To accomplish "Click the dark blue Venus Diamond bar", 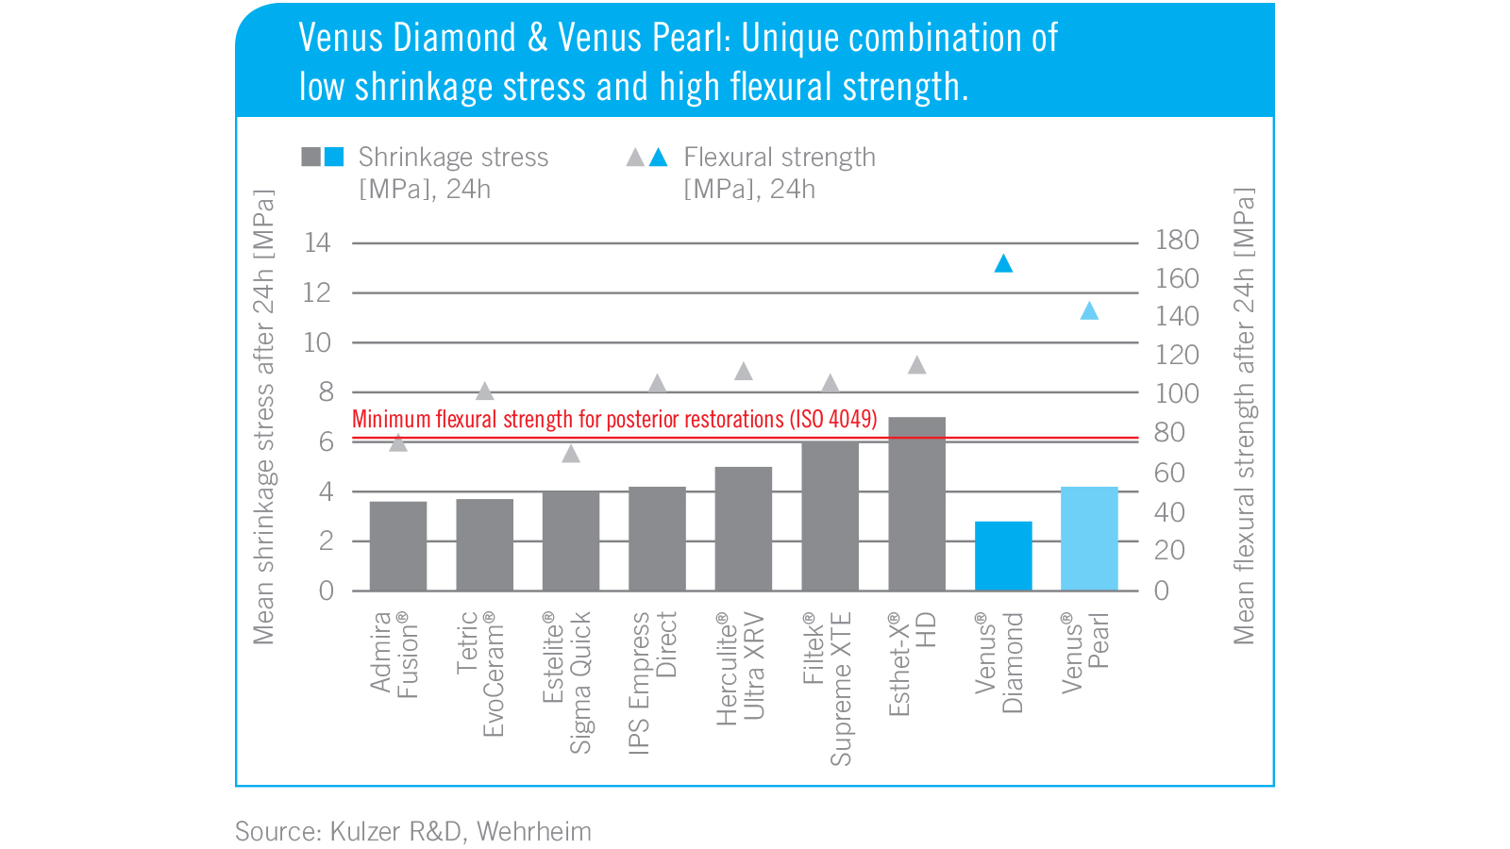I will [1003, 556].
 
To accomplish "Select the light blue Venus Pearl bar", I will [1089, 539].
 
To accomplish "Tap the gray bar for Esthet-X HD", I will [916, 504].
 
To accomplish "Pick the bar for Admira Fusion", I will [397, 546].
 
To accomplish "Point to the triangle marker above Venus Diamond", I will [1003, 264].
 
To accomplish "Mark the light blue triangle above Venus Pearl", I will [1089, 311].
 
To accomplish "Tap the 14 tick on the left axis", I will [317, 242].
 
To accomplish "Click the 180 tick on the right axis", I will [1177, 241].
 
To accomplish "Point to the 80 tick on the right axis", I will [1169, 432].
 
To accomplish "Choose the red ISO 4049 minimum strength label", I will [614, 419].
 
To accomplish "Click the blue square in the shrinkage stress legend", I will [334, 157].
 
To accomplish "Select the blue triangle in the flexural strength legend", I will [659, 158].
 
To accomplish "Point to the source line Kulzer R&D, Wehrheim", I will [412, 831].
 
